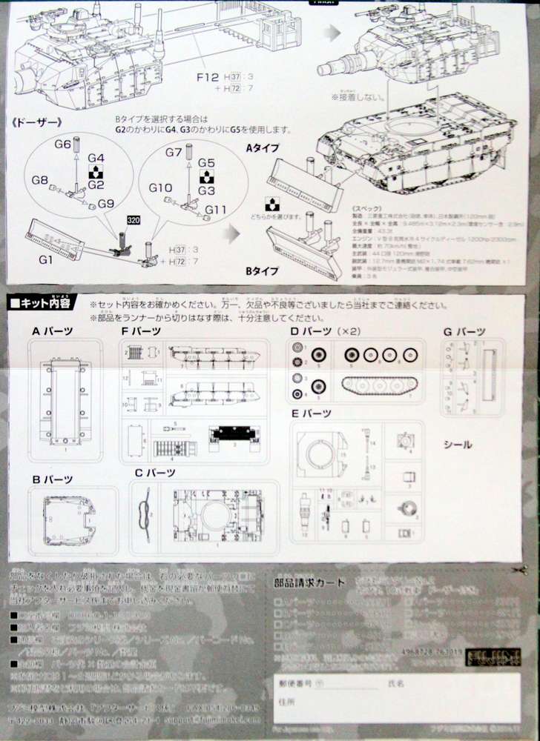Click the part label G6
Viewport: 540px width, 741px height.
tap(62, 143)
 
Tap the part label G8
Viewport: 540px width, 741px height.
tap(40, 180)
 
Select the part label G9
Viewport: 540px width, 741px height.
tap(105, 204)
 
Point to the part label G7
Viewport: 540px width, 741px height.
tap(174, 153)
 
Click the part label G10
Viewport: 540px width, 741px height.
tap(161, 188)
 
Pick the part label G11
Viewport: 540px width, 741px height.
tap(216, 209)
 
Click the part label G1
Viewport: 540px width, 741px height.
tap(46, 259)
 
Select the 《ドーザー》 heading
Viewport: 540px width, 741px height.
tap(34, 122)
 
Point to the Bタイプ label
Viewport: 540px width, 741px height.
tap(263, 272)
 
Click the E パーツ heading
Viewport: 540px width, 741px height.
tap(311, 413)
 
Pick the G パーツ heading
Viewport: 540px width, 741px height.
tap(465, 331)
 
